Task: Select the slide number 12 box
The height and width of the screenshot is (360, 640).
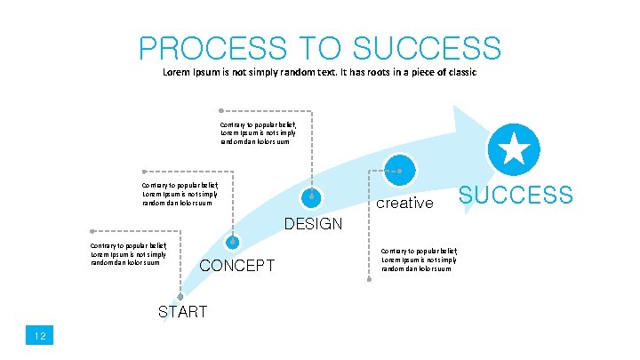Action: tap(40, 335)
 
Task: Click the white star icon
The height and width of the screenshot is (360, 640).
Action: tap(514, 148)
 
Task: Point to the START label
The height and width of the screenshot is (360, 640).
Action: tap(182, 311)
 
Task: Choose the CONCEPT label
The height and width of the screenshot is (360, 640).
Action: tap(236, 266)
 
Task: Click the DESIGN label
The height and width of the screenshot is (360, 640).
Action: tap(313, 224)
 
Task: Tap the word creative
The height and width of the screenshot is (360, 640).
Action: tap(404, 203)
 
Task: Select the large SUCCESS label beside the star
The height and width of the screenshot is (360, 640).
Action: tap(516, 195)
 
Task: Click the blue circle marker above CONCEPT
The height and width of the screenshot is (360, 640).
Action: tap(233, 241)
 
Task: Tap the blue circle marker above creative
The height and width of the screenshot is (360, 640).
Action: tap(399, 169)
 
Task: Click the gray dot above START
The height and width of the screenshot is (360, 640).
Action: tap(180, 297)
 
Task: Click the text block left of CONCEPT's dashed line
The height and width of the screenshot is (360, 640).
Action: tap(128, 254)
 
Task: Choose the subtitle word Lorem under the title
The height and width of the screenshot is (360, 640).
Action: tap(177, 72)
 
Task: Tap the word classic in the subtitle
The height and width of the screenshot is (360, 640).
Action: tap(460, 72)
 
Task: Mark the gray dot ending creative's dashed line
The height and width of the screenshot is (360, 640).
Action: tap(369, 280)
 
